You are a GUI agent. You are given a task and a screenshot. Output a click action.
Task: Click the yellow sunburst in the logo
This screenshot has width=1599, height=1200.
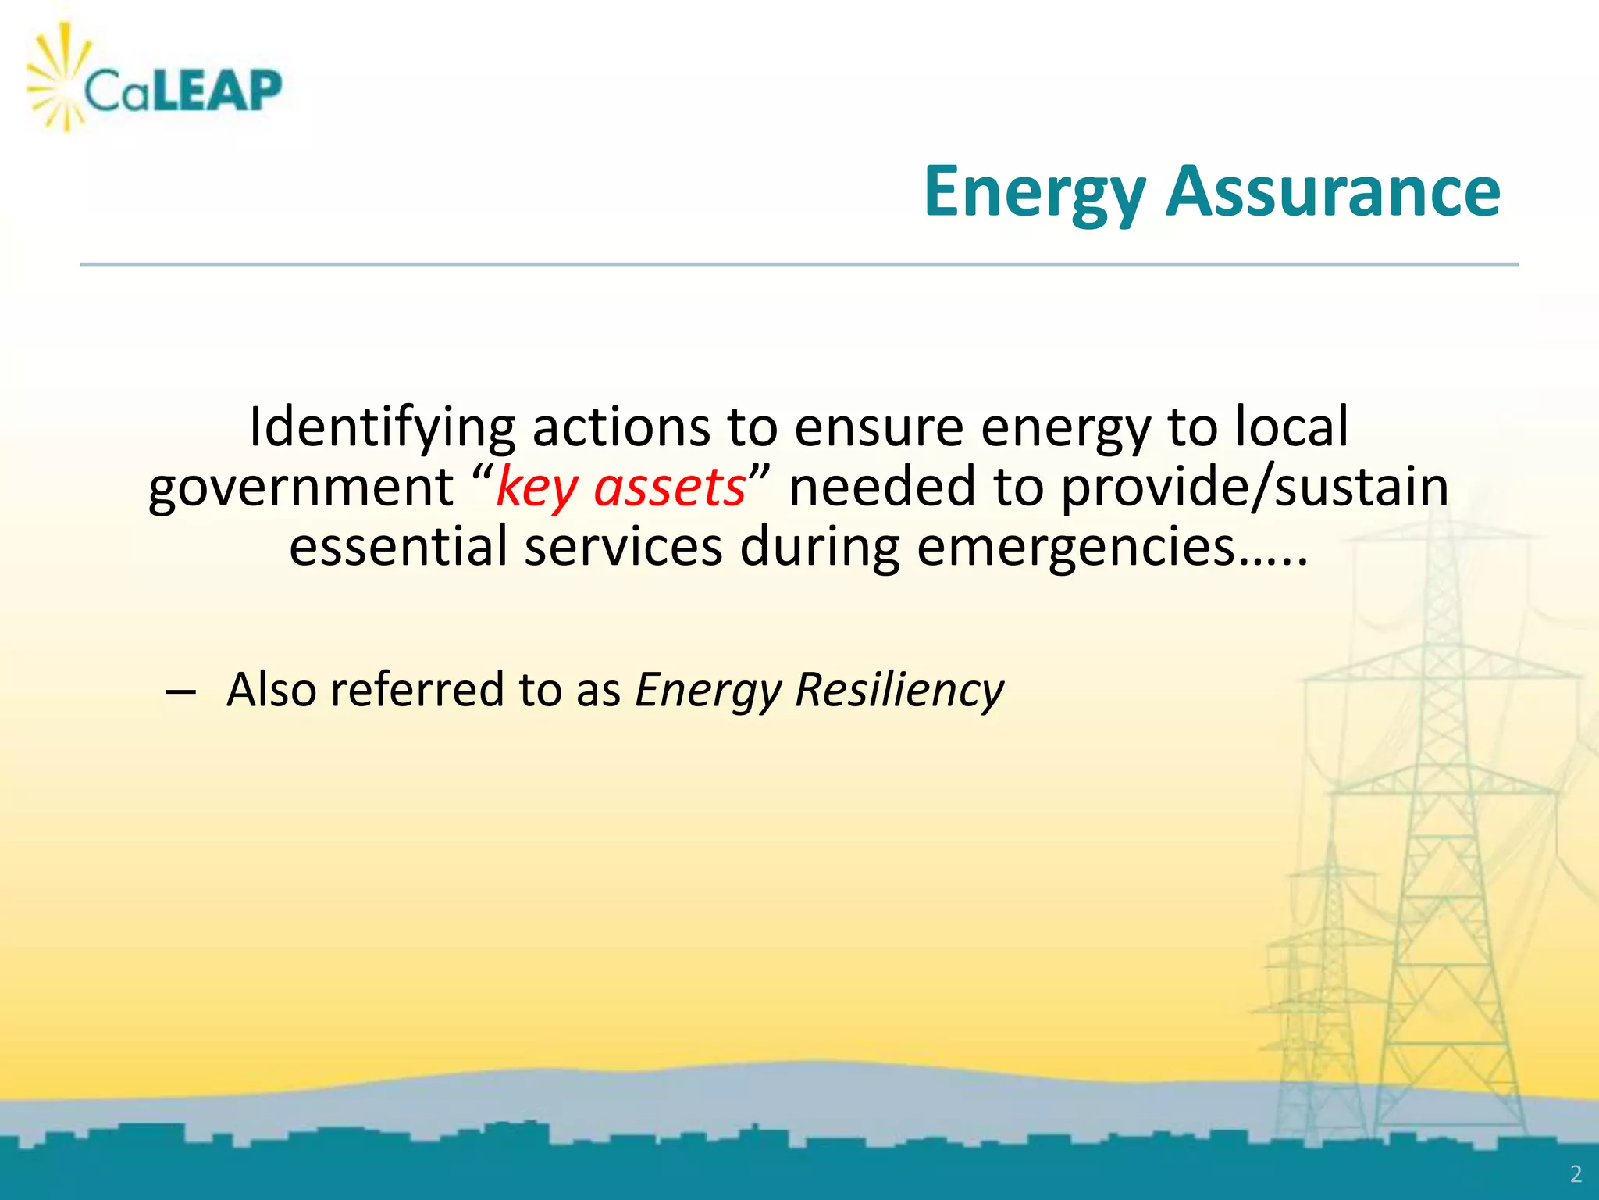(59, 78)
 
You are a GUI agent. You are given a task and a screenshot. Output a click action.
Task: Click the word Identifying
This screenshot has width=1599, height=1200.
(382, 428)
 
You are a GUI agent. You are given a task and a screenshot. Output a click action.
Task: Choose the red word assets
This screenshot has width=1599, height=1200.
(670, 487)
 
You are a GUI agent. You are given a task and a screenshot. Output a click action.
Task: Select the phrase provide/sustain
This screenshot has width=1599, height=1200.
(1255, 487)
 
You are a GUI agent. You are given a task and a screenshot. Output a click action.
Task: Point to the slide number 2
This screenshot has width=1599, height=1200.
(1576, 1174)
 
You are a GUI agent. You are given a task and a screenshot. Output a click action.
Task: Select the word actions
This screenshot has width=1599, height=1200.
(621, 427)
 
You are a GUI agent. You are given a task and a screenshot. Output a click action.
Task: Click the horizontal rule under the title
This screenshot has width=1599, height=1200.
(799, 265)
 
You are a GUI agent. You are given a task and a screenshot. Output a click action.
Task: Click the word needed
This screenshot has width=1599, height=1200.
(882, 487)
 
